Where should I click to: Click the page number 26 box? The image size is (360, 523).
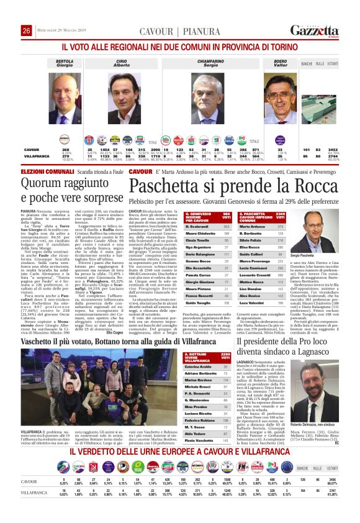pos(26,30)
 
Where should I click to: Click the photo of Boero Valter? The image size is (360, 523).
pos(281,91)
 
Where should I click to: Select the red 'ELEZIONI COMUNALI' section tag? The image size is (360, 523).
pos(40,171)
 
